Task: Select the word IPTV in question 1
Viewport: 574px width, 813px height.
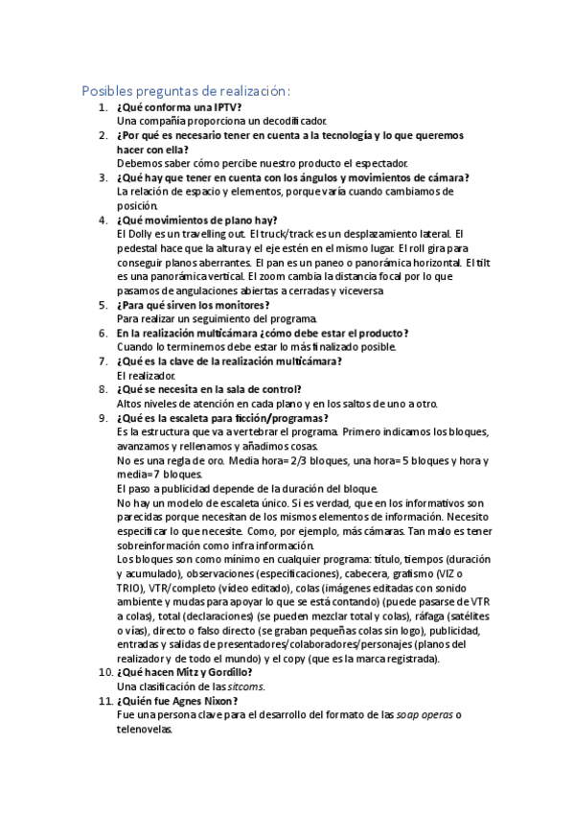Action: tap(215, 107)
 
